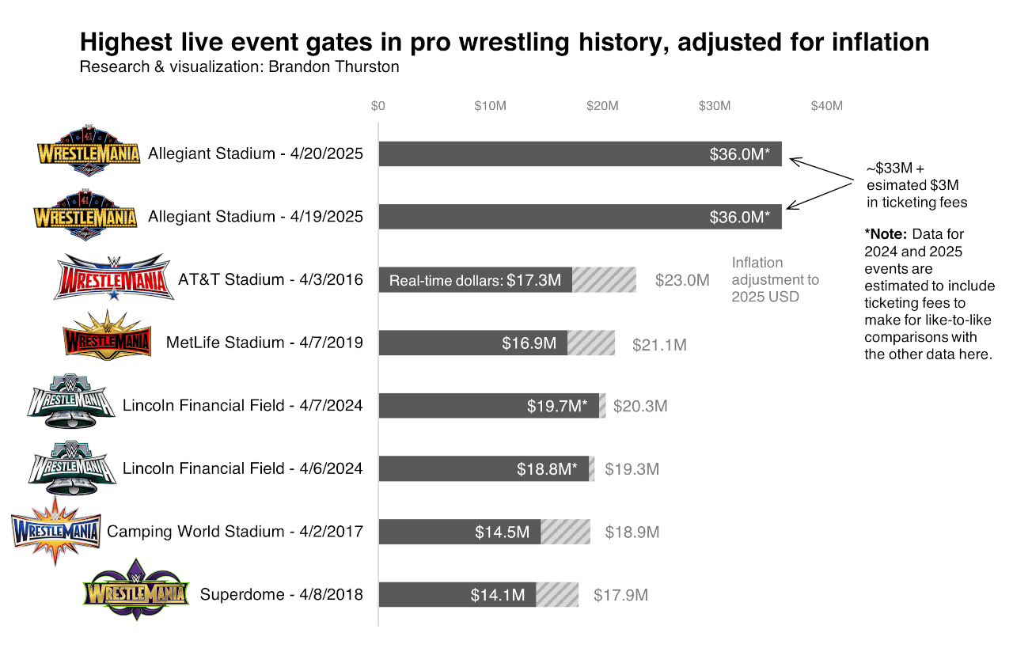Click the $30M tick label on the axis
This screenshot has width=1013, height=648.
(715, 106)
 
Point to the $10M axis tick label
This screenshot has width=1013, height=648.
(490, 106)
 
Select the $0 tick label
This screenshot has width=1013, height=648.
(378, 106)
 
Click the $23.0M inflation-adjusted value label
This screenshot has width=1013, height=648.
(682, 280)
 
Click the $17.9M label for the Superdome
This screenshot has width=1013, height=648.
(621, 595)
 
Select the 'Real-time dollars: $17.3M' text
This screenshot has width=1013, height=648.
(475, 280)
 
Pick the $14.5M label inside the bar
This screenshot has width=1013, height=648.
(502, 532)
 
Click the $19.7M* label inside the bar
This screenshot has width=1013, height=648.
(557, 406)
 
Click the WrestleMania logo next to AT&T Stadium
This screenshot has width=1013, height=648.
(114, 278)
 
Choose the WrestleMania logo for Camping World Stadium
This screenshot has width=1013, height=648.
(55, 530)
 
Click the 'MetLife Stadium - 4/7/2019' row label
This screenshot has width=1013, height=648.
(264, 343)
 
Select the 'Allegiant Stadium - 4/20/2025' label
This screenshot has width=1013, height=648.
(256, 153)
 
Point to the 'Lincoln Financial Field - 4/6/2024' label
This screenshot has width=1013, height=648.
(242, 468)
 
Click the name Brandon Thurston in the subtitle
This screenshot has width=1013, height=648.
(334, 67)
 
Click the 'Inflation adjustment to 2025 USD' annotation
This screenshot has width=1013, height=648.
(775, 279)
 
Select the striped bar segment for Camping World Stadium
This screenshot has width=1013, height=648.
(565, 532)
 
